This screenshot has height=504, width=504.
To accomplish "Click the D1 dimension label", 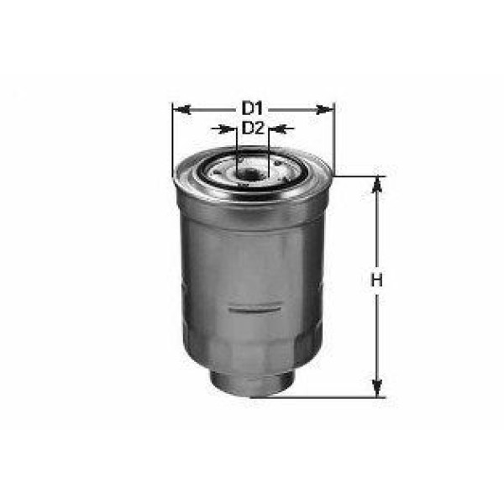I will [x=253, y=108].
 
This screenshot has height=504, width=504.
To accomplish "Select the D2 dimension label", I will [x=253, y=129].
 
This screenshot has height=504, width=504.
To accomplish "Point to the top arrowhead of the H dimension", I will [x=377, y=183].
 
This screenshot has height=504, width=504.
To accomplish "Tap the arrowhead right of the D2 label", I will [x=276, y=129].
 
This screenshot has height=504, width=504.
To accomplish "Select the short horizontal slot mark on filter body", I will [x=252, y=308].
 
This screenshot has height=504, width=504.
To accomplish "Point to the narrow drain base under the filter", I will [x=252, y=383].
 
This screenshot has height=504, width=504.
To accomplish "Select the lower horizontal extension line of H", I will [x=336, y=396].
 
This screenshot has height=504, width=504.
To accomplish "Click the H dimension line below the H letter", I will [x=377, y=336].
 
